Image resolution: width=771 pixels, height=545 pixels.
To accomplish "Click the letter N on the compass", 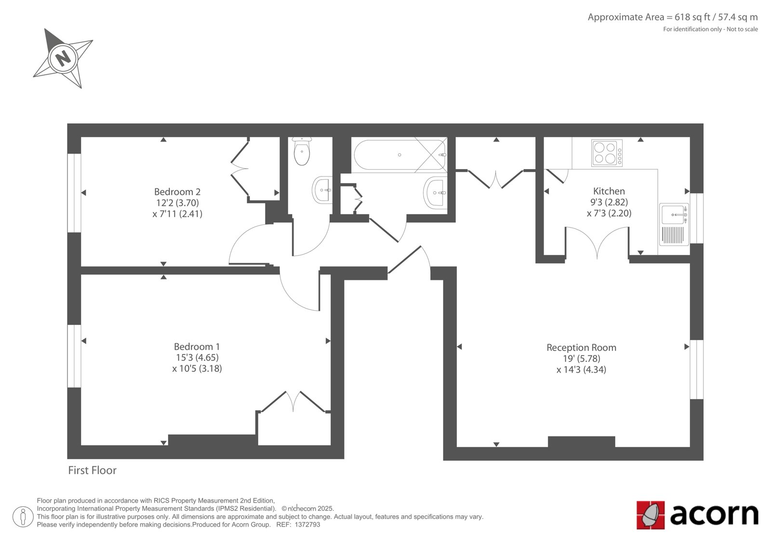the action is [63, 58].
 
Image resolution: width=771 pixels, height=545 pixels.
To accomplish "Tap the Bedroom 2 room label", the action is [177, 192].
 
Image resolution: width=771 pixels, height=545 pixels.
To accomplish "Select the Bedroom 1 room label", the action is [197, 346].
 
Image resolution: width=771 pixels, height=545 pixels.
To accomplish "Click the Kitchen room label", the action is [609, 191].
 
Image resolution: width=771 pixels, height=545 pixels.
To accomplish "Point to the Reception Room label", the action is [581, 348].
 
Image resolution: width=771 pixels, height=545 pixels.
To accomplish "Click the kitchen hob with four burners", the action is [607, 153].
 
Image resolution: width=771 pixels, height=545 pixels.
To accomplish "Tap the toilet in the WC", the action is [302, 151].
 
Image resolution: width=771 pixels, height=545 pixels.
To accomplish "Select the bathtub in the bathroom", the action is [399, 155].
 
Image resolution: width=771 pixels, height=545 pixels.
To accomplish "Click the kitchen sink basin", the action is [673, 214].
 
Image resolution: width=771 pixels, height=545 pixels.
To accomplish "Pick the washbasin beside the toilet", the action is [322, 190].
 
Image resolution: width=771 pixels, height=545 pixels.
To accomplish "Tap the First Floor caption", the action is [92, 470].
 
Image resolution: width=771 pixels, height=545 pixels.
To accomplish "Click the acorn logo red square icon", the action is [651, 515].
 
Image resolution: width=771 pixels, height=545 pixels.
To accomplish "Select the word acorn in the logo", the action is [714, 514].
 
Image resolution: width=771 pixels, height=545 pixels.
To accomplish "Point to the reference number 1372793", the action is [307, 525].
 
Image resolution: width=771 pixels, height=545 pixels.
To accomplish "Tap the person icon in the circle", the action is [23, 517].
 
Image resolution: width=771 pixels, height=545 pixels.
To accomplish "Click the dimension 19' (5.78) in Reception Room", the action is [581, 359].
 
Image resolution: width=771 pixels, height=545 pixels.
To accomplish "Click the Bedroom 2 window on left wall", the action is [74, 193].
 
